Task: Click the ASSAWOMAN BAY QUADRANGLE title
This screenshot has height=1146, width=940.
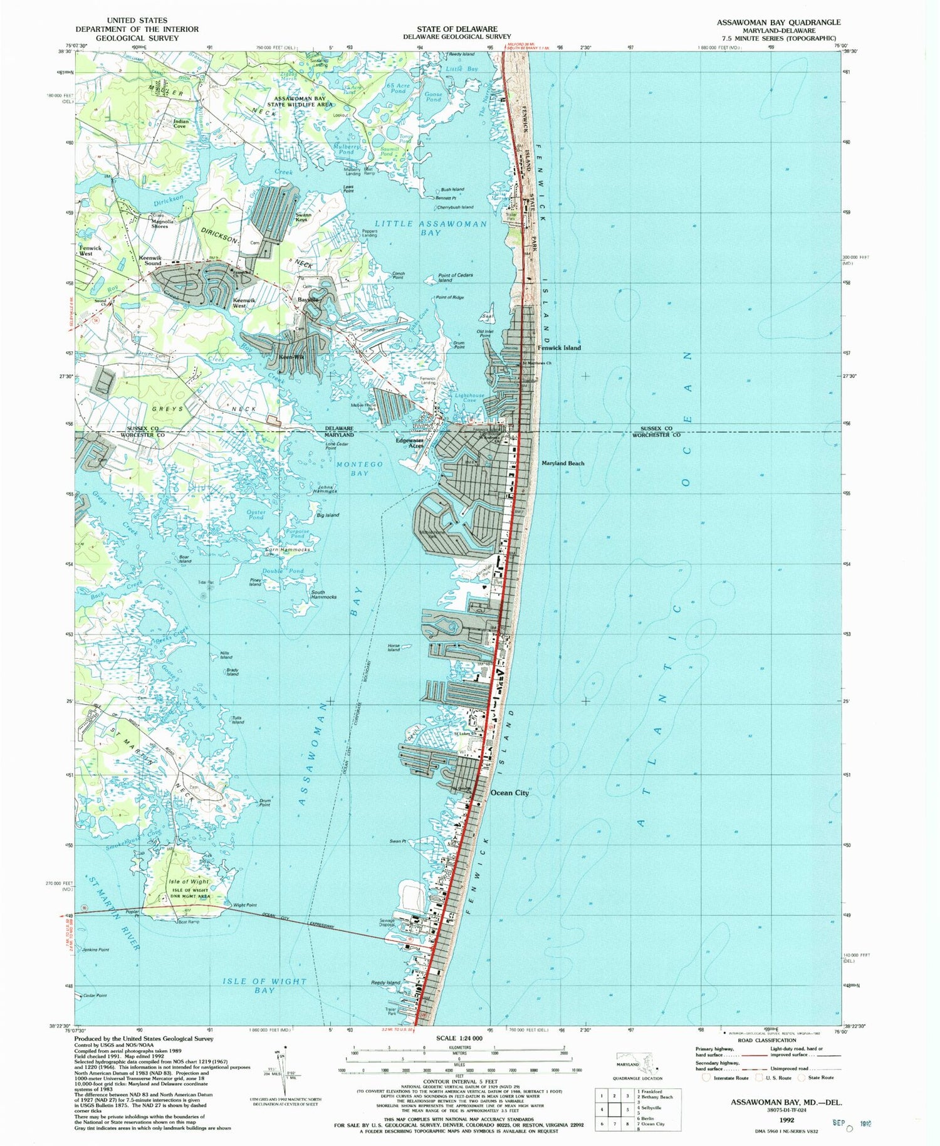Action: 779,22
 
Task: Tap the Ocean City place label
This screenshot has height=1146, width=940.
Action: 509,792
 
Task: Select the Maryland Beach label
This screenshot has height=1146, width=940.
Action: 562,463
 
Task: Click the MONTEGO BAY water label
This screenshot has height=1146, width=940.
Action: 359,468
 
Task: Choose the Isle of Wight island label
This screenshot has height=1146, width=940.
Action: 189,881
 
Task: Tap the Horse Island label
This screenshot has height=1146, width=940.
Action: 394,648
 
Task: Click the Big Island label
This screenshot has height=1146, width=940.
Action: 328,515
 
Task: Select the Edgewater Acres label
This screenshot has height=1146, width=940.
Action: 409,443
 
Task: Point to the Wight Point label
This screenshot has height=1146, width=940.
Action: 245,905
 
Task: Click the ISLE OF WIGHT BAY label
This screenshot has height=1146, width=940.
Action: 264,986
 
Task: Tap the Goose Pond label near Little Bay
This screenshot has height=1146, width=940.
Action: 433,97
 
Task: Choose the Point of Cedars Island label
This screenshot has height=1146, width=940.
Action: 455,277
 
